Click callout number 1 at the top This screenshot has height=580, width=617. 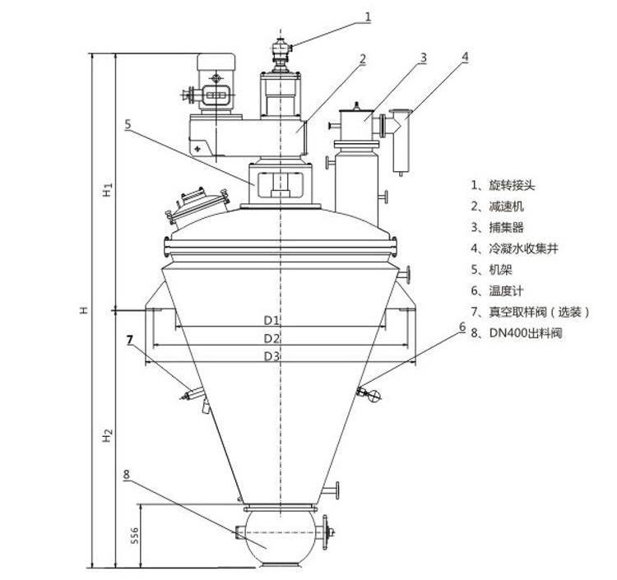(368, 17)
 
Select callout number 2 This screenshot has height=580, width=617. (363, 59)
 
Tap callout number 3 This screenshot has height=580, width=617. (423, 58)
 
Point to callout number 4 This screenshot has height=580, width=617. (465, 57)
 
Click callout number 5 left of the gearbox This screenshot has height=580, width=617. (128, 124)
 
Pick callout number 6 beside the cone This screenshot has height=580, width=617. (462, 327)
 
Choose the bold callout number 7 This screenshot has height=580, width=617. (130, 340)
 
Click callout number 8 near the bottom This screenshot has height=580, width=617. (126, 475)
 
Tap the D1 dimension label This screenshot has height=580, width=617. (271, 320)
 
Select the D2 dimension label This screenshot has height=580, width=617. (271, 338)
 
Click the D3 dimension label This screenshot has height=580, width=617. (271, 356)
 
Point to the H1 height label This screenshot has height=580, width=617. (108, 189)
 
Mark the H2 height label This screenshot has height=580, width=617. (108, 435)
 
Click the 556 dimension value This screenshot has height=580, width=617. (135, 536)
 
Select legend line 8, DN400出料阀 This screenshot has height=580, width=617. (517, 333)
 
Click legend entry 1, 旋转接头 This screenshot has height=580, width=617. (503, 185)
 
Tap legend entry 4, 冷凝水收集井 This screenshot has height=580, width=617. (515, 248)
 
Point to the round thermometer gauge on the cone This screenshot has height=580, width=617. (375, 395)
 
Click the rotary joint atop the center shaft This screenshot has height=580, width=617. (281, 54)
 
